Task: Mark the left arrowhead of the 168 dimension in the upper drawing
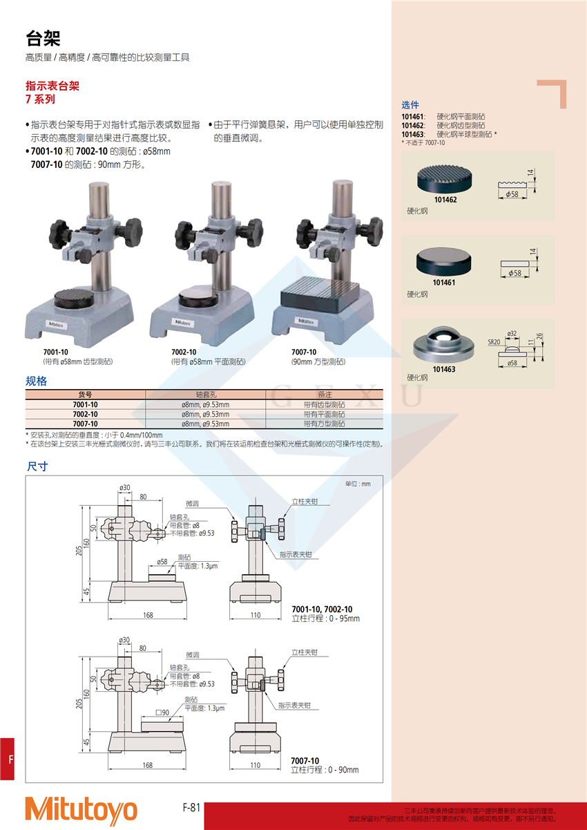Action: (110, 619)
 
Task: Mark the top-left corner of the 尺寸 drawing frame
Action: (26, 475)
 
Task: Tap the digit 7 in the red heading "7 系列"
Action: (28, 100)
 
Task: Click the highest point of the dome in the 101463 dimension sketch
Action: (512, 346)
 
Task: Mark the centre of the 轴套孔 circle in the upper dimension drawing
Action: (158, 533)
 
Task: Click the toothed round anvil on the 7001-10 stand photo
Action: (74, 298)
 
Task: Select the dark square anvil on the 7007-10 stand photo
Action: (320, 295)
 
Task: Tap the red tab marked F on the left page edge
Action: (7, 759)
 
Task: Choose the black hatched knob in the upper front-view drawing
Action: (263, 534)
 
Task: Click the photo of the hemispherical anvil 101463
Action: (443, 343)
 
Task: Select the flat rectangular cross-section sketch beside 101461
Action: (514, 264)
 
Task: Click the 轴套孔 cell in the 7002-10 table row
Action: (206, 414)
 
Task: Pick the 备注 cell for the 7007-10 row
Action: (324, 424)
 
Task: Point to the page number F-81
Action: (191, 807)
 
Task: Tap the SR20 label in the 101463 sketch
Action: (494, 342)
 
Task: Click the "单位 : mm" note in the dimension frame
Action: (358, 484)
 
